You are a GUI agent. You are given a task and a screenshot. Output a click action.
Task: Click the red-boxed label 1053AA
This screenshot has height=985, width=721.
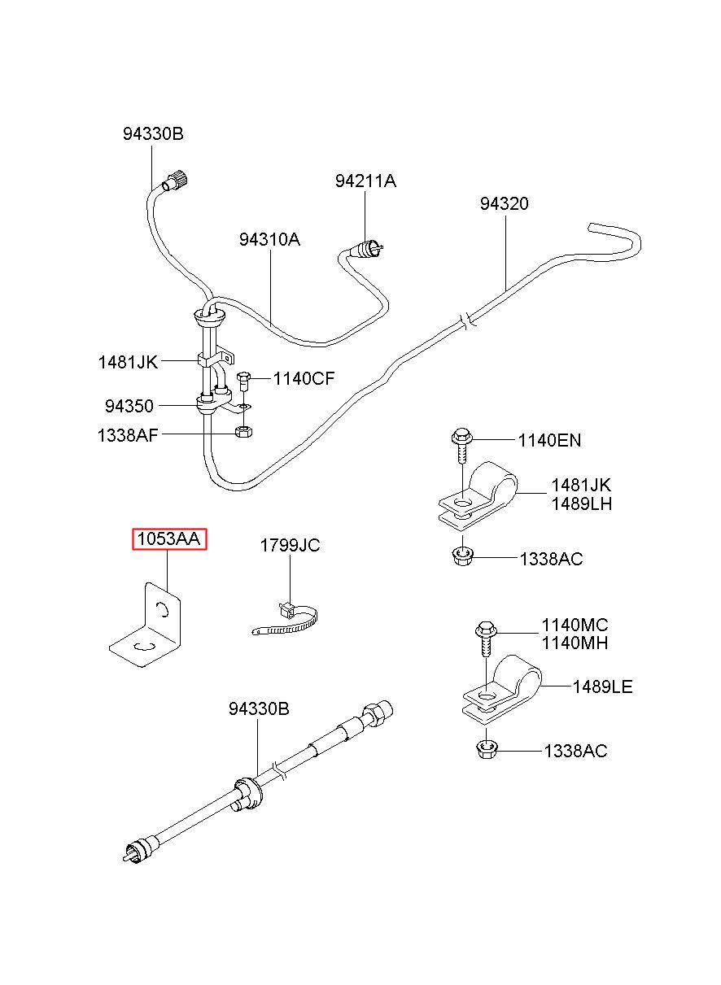pyautogui.click(x=169, y=538)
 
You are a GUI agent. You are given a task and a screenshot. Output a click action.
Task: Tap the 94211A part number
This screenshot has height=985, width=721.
pyautogui.click(x=365, y=181)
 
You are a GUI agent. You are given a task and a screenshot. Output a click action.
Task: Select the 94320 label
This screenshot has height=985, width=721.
pyautogui.click(x=504, y=203)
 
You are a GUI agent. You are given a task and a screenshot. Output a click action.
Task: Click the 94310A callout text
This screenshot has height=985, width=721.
pyautogui.click(x=269, y=240)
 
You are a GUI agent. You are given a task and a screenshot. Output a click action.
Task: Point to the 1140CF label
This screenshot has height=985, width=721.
pyautogui.click(x=304, y=378)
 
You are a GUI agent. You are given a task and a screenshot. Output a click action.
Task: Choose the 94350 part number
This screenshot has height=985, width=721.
pyautogui.click(x=129, y=406)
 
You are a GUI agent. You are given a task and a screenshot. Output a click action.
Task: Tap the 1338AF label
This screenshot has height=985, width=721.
pyautogui.click(x=128, y=435)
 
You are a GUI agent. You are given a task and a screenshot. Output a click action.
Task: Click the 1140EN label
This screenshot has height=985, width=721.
pyautogui.click(x=549, y=440)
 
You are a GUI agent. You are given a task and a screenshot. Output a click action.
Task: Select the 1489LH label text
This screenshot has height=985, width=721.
pyautogui.click(x=582, y=504)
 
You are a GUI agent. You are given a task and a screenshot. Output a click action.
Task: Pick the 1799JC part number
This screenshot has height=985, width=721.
pyautogui.click(x=290, y=545)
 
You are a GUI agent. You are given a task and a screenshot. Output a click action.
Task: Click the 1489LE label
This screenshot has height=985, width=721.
pyautogui.click(x=602, y=686)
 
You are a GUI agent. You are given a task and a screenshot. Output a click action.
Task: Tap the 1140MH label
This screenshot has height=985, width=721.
pyautogui.click(x=575, y=643)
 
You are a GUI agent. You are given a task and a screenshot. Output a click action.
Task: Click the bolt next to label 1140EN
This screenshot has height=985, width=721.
pyautogui.click(x=461, y=447)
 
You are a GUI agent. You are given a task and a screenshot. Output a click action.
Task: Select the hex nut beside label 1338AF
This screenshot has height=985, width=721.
pyautogui.click(x=243, y=431)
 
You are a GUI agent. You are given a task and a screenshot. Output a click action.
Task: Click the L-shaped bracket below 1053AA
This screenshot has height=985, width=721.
pyautogui.click(x=146, y=625)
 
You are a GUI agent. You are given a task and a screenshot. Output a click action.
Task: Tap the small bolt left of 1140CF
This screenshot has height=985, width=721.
pyautogui.click(x=243, y=382)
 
